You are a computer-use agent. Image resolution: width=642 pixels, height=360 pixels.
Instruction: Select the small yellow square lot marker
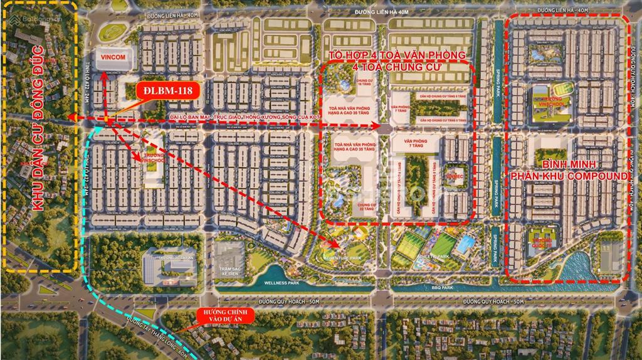point(108,119)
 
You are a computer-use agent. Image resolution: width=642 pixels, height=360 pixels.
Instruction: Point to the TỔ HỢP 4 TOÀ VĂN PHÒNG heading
point(397,55)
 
